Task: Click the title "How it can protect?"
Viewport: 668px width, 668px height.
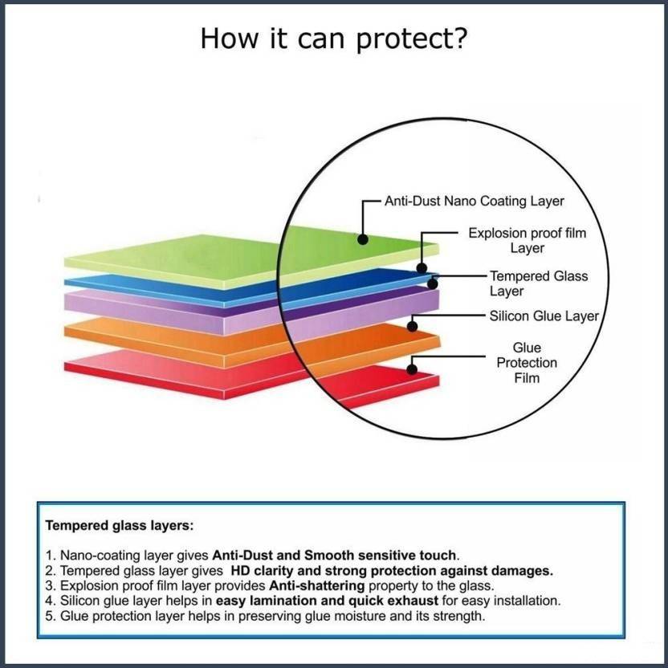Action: [x=333, y=39]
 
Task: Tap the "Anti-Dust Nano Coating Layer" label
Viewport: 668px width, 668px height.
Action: [x=474, y=201]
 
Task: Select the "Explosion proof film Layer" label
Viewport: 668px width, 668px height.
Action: [x=527, y=241]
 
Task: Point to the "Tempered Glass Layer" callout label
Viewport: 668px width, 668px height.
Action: [x=539, y=283]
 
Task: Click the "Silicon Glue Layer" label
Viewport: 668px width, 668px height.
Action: [x=544, y=316]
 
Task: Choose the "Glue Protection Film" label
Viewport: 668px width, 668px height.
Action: [x=527, y=363]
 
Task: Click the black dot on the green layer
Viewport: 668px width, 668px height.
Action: [x=363, y=238]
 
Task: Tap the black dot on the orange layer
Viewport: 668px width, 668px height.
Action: [x=412, y=326]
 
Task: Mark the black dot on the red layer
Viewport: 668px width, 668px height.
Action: [x=412, y=369]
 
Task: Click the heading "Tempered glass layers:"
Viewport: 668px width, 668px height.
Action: [x=119, y=527]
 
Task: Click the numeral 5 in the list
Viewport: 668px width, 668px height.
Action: [x=49, y=616]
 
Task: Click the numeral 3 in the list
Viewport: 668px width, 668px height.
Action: [x=49, y=585]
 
